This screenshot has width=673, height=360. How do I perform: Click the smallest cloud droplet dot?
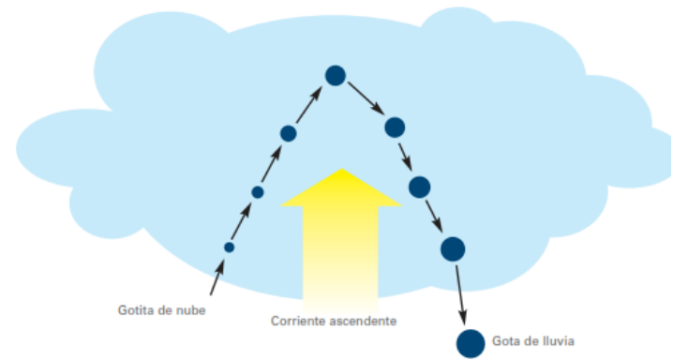point(229,247)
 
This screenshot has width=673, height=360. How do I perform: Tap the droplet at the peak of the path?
point(336,75)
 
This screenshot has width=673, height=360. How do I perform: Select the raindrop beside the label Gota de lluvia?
point(471,344)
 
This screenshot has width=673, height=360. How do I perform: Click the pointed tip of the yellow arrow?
point(341,170)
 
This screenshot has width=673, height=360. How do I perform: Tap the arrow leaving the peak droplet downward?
point(364,97)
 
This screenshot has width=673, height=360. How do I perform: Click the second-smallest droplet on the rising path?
point(258,192)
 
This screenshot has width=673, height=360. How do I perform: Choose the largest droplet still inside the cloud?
point(453,248)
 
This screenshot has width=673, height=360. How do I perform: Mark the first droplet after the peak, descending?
point(395,127)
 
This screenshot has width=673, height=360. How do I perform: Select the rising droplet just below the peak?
point(289,133)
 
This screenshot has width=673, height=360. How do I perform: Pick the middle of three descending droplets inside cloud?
point(419,187)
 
